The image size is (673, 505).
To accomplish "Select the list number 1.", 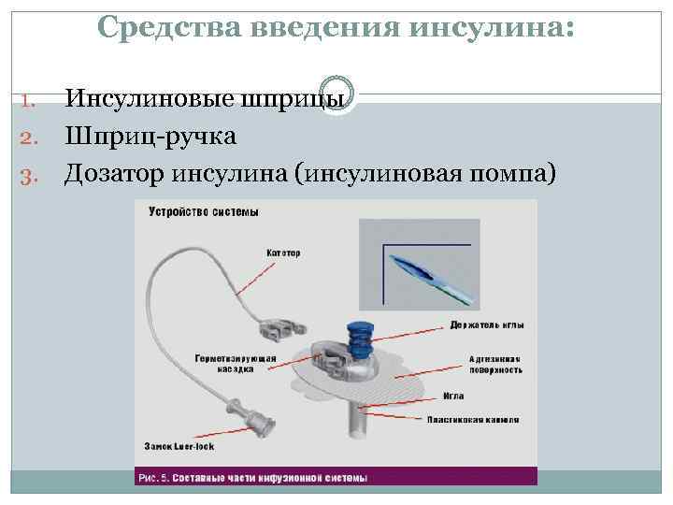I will (x=27, y=98).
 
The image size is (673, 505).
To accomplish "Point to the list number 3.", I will (x=27, y=173).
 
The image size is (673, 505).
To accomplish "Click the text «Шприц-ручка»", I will (x=150, y=137).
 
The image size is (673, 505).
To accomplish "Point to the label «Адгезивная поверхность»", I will (x=494, y=364).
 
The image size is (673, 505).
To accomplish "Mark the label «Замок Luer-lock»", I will (x=179, y=446).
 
